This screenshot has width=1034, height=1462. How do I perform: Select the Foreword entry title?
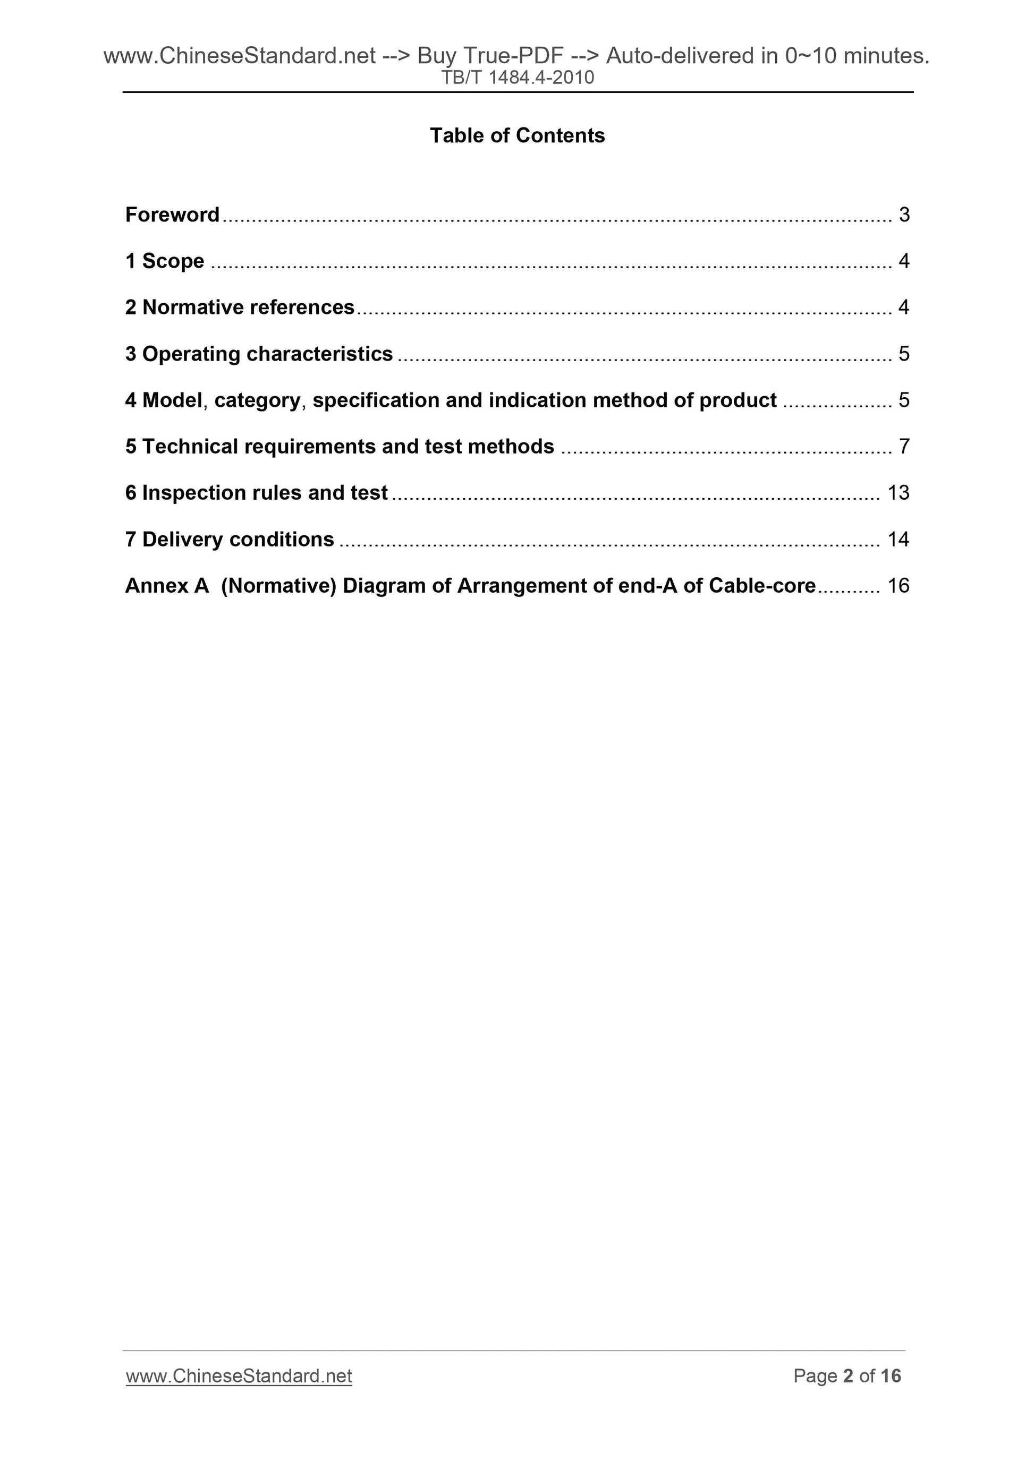coord(172,215)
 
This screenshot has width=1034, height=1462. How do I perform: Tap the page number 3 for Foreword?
coord(903,215)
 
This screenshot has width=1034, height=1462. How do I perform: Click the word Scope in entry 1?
coord(173,261)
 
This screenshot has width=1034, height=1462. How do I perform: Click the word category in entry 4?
coord(257,400)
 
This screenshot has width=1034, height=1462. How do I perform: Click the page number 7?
coord(903,447)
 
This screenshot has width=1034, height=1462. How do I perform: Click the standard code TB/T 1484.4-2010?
coord(518,78)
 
